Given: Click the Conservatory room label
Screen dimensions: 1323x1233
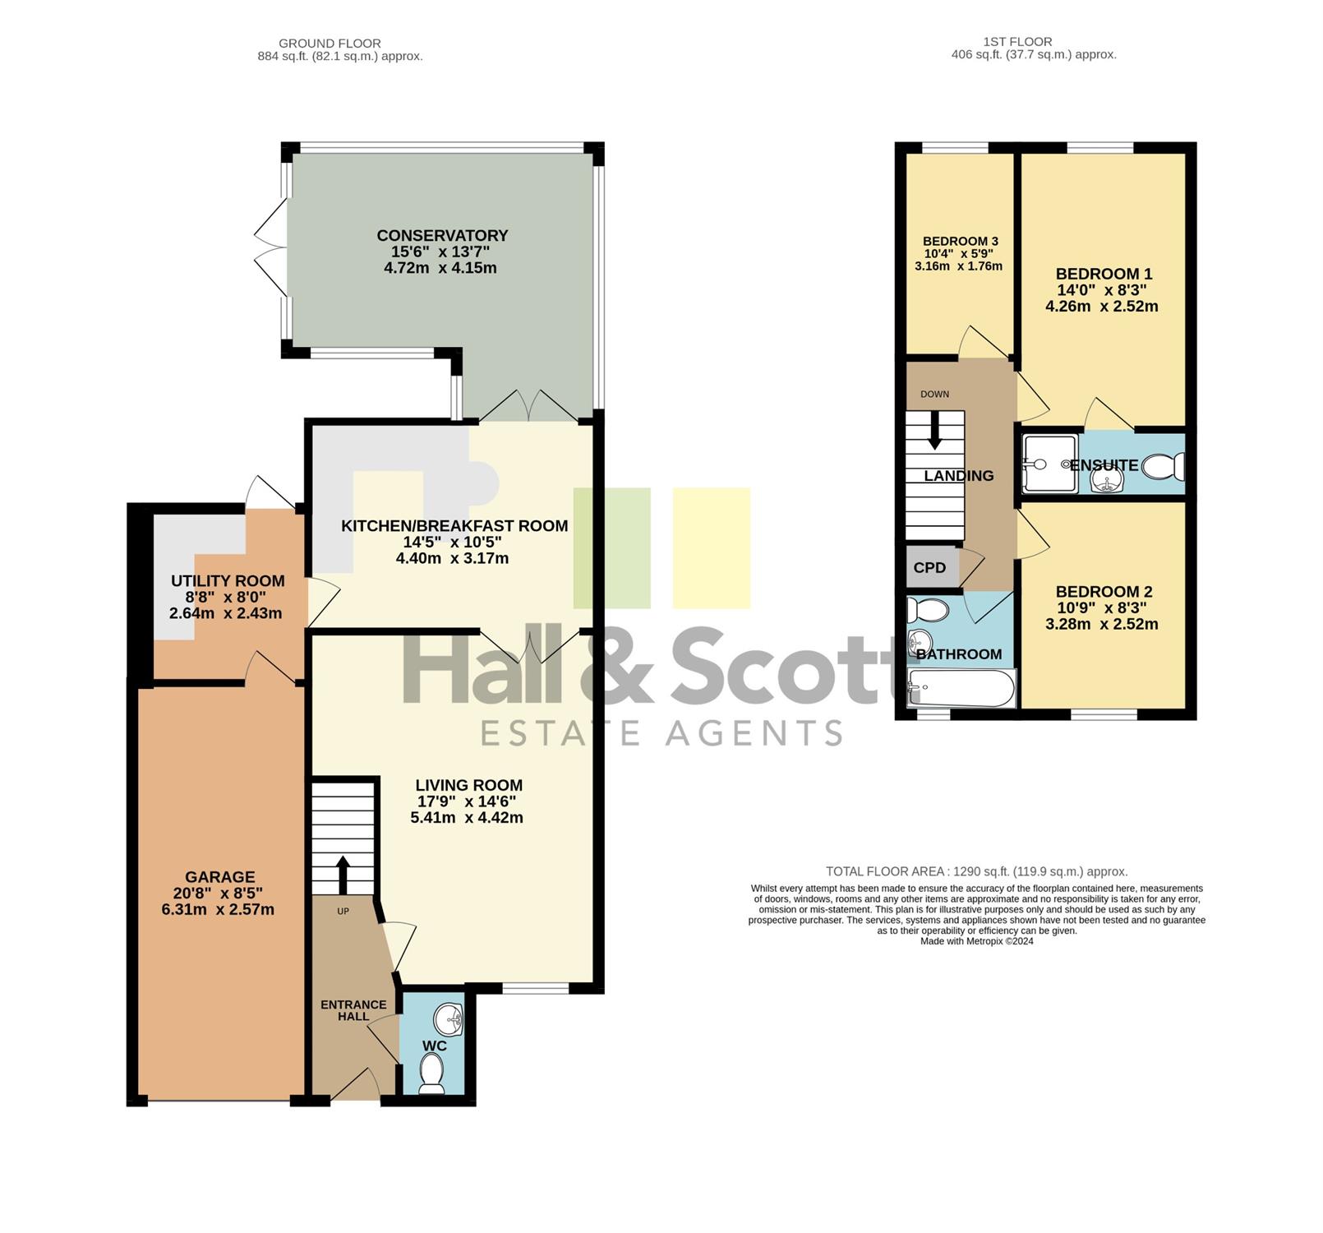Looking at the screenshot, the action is coord(442,236).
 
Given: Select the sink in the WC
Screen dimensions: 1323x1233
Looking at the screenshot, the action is coord(450,1020).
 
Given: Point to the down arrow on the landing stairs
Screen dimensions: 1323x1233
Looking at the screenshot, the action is coord(934,430).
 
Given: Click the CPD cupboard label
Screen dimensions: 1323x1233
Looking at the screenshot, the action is coord(929,568).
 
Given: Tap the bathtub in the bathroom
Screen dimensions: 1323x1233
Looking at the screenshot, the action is coord(961,688).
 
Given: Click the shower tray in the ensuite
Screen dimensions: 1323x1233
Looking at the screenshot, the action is coord(1049,464).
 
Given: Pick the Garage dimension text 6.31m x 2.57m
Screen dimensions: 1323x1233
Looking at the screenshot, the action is coord(219,910).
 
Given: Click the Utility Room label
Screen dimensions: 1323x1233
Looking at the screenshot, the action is coord(228,581).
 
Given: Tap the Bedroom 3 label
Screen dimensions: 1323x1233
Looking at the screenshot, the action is coord(960,241).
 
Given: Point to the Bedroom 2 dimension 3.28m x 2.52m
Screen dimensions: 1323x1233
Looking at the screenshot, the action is coord(1102,624).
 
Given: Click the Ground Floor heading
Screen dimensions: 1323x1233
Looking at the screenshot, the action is coord(330,44).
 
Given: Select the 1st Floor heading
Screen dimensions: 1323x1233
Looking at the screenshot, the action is coord(1017,42).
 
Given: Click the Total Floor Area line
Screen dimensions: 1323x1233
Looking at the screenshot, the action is coord(977,871).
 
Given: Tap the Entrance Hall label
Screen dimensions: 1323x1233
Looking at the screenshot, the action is coord(353,1010).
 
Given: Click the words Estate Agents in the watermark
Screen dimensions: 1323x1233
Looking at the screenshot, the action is coord(661,732).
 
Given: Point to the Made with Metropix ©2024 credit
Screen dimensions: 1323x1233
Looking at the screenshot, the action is coord(977,941).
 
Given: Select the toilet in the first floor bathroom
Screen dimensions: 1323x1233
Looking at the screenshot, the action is coord(927,611).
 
